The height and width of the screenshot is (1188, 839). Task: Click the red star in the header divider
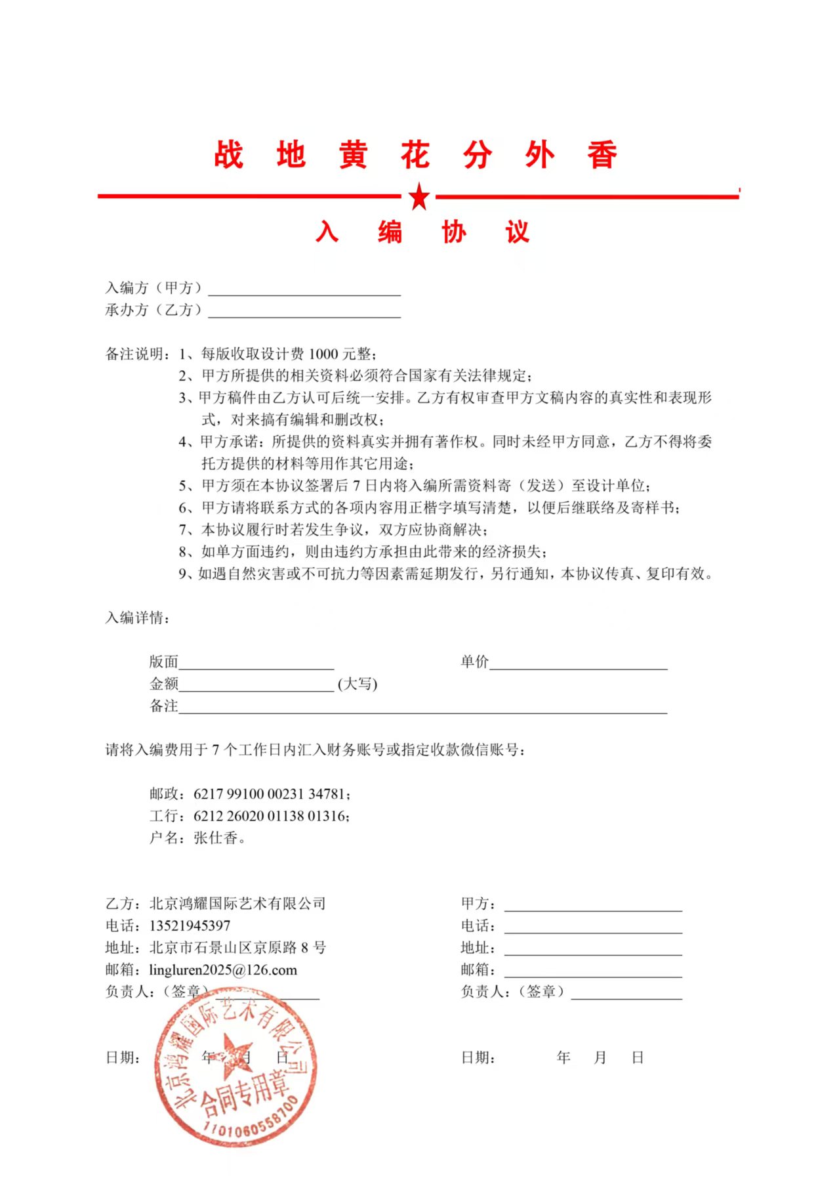click(x=419, y=196)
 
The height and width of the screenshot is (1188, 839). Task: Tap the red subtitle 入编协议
click(x=422, y=232)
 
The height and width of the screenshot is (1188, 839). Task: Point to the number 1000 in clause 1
click(x=323, y=354)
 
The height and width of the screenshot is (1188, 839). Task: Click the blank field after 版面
click(x=256, y=664)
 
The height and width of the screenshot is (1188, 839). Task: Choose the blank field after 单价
click(x=578, y=664)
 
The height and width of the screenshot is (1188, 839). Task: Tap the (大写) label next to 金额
click(x=358, y=684)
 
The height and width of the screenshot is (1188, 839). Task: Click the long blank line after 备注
click(x=422, y=708)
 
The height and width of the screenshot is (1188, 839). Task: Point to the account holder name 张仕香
click(x=216, y=838)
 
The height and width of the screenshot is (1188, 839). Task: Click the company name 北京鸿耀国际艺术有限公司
click(x=237, y=904)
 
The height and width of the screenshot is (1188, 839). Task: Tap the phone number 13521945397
click(x=190, y=926)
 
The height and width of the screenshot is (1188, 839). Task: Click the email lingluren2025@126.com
click(x=223, y=970)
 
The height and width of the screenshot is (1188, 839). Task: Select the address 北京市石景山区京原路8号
click(x=237, y=948)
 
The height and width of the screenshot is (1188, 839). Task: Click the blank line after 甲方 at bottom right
click(x=593, y=906)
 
